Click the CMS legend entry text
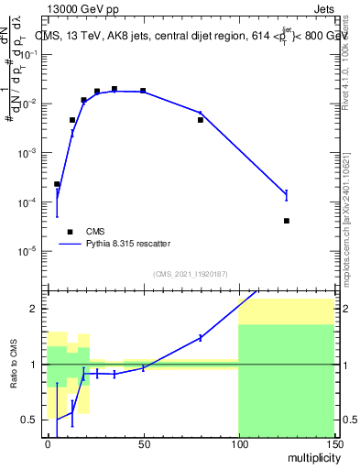pos(96,231)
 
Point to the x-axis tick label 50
pos(143,442)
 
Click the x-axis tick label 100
pos(238,442)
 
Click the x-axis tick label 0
pos(48,442)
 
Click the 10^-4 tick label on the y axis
pos(27,202)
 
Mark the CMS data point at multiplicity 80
pos(201,120)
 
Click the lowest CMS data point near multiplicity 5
pos(57,184)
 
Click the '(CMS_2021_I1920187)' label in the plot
pos(190,273)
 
